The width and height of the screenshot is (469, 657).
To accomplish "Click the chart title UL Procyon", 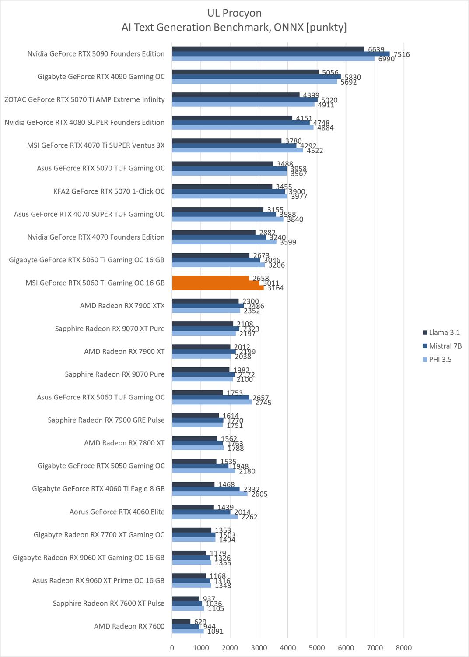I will tap(234, 13).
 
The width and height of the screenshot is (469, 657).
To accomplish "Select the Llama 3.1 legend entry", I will tap(444, 332).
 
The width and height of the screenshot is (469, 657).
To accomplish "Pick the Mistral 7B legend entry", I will tap(444, 346).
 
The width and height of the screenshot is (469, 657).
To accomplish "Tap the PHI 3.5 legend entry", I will tap(440, 359).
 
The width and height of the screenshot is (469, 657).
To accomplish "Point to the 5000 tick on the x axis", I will tap(317, 648).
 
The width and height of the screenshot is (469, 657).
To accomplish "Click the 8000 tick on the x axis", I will tap(403, 648).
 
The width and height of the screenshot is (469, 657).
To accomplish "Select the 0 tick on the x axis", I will tap(172, 648).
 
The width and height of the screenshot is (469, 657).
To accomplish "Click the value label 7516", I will tap(401, 54).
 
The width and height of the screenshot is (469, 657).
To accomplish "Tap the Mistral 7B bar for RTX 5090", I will tap(280, 54).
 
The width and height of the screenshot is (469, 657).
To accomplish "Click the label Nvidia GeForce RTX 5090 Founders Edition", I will tap(96, 54).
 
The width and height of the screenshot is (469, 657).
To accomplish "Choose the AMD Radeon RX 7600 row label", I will tap(129, 626).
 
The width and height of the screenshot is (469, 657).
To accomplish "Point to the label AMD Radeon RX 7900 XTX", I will tap(122, 306).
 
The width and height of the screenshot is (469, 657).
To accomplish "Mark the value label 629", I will tap(200, 622).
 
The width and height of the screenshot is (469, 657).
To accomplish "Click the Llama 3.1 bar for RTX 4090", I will tap(245, 72).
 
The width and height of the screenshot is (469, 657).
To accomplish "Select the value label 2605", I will tap(259, 494).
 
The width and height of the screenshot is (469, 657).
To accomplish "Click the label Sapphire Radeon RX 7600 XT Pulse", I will tap(108, 603).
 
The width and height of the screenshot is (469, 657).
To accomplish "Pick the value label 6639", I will tap(376, 49).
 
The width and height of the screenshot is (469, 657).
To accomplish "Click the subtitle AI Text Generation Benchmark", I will tap(234, 27).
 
